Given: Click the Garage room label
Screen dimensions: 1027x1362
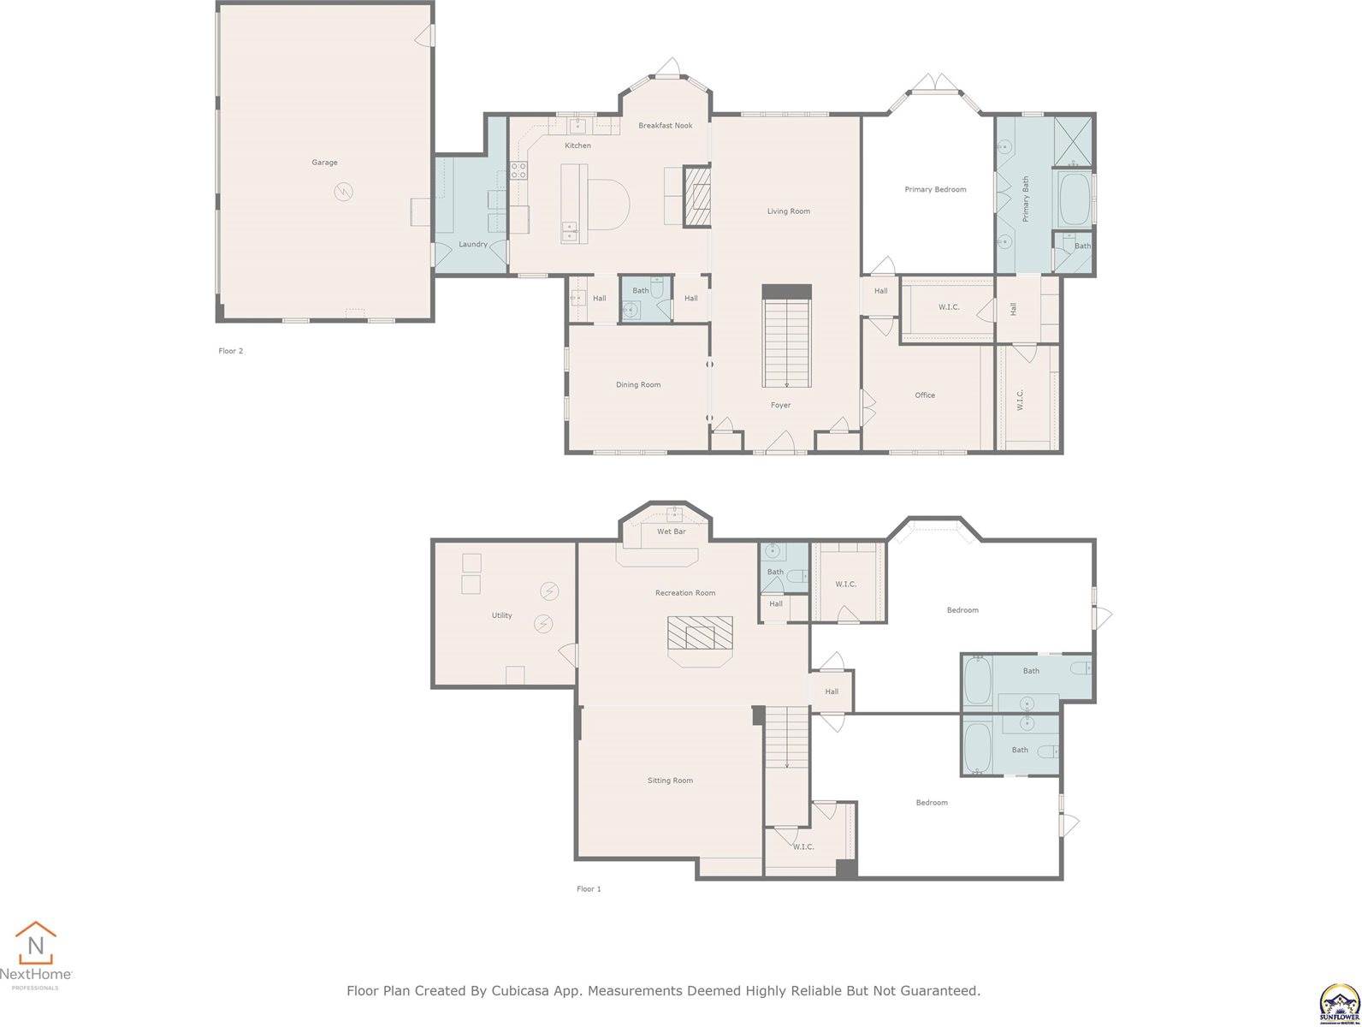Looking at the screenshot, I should [324, 163].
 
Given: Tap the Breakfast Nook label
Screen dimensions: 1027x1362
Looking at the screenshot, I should [665, 126].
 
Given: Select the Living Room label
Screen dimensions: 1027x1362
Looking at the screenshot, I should [788, 211].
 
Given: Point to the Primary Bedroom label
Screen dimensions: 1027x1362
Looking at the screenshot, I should [935, 189].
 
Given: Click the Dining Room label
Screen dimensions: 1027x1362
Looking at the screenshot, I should [638, 385].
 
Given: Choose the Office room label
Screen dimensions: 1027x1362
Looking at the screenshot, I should [925, 395].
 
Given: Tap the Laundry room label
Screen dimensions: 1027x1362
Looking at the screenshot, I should [473, 245].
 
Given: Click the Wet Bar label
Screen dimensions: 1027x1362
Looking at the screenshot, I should [671, 531].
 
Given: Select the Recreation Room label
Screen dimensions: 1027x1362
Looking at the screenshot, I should [685, 593].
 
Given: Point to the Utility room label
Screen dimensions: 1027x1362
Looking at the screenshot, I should [501, 615].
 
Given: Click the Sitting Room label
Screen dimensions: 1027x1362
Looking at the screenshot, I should [670, 781].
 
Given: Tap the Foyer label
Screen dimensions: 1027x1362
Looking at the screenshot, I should [780, 406].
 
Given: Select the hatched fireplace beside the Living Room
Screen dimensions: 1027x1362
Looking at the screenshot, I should [697, 197].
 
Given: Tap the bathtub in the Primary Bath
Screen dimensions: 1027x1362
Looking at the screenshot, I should [1072, 199].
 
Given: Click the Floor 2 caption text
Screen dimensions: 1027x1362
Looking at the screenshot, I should [231, 351].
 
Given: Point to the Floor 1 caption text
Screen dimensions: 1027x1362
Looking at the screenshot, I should [589, 889].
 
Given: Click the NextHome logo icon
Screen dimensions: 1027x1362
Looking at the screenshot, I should [36, 944].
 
